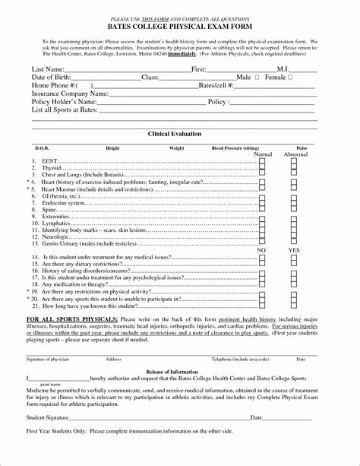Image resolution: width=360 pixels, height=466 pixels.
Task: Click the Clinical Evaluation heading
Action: pyautogui.click(x=179, y=133)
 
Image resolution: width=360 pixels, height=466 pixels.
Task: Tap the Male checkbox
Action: pyautogui.click(x=257, y=78)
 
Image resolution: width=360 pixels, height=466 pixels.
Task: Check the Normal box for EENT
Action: pyautogui.click(x=262, y=162)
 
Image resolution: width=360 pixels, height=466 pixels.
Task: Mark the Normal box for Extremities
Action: pyautogui.click(x=262, y=215)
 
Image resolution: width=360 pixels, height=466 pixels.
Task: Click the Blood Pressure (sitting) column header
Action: pyautogui.click(x=235, y=147)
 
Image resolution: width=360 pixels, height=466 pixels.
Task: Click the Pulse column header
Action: pyautogui.click(x=302, y=147)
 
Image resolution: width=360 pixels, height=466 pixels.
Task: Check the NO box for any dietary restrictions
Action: pyautogui.click(x=262, y=266)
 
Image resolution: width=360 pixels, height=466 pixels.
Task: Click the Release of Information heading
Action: pyautogui.click(x=179, y=350)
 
